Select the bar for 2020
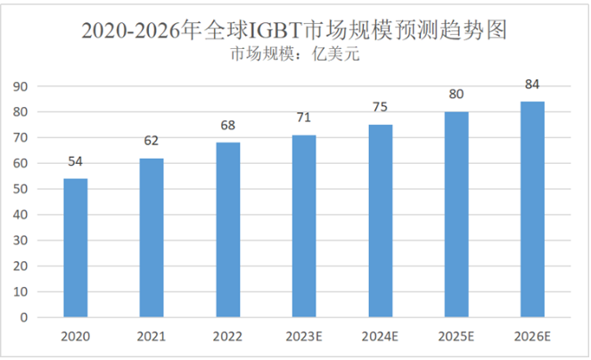(x=75, y=248)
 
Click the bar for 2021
(x=152, y=237)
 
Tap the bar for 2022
(x=227, y=230)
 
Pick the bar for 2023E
(x=304, y=225)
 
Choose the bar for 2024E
(x=380, y=221)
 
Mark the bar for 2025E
(x=456, y=214)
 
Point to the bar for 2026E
(x=532, y=209)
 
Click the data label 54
(x=75, y=161)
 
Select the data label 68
(x=227, y=125)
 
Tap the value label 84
(x=532, y=85)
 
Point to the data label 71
(x=304, y=118)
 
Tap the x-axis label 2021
(x=152, y=337)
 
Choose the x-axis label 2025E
(x=456, y=337)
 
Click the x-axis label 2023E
(x=304, y=337)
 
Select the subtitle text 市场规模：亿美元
(x=294, y=55)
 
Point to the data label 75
(x=380, y=108)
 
